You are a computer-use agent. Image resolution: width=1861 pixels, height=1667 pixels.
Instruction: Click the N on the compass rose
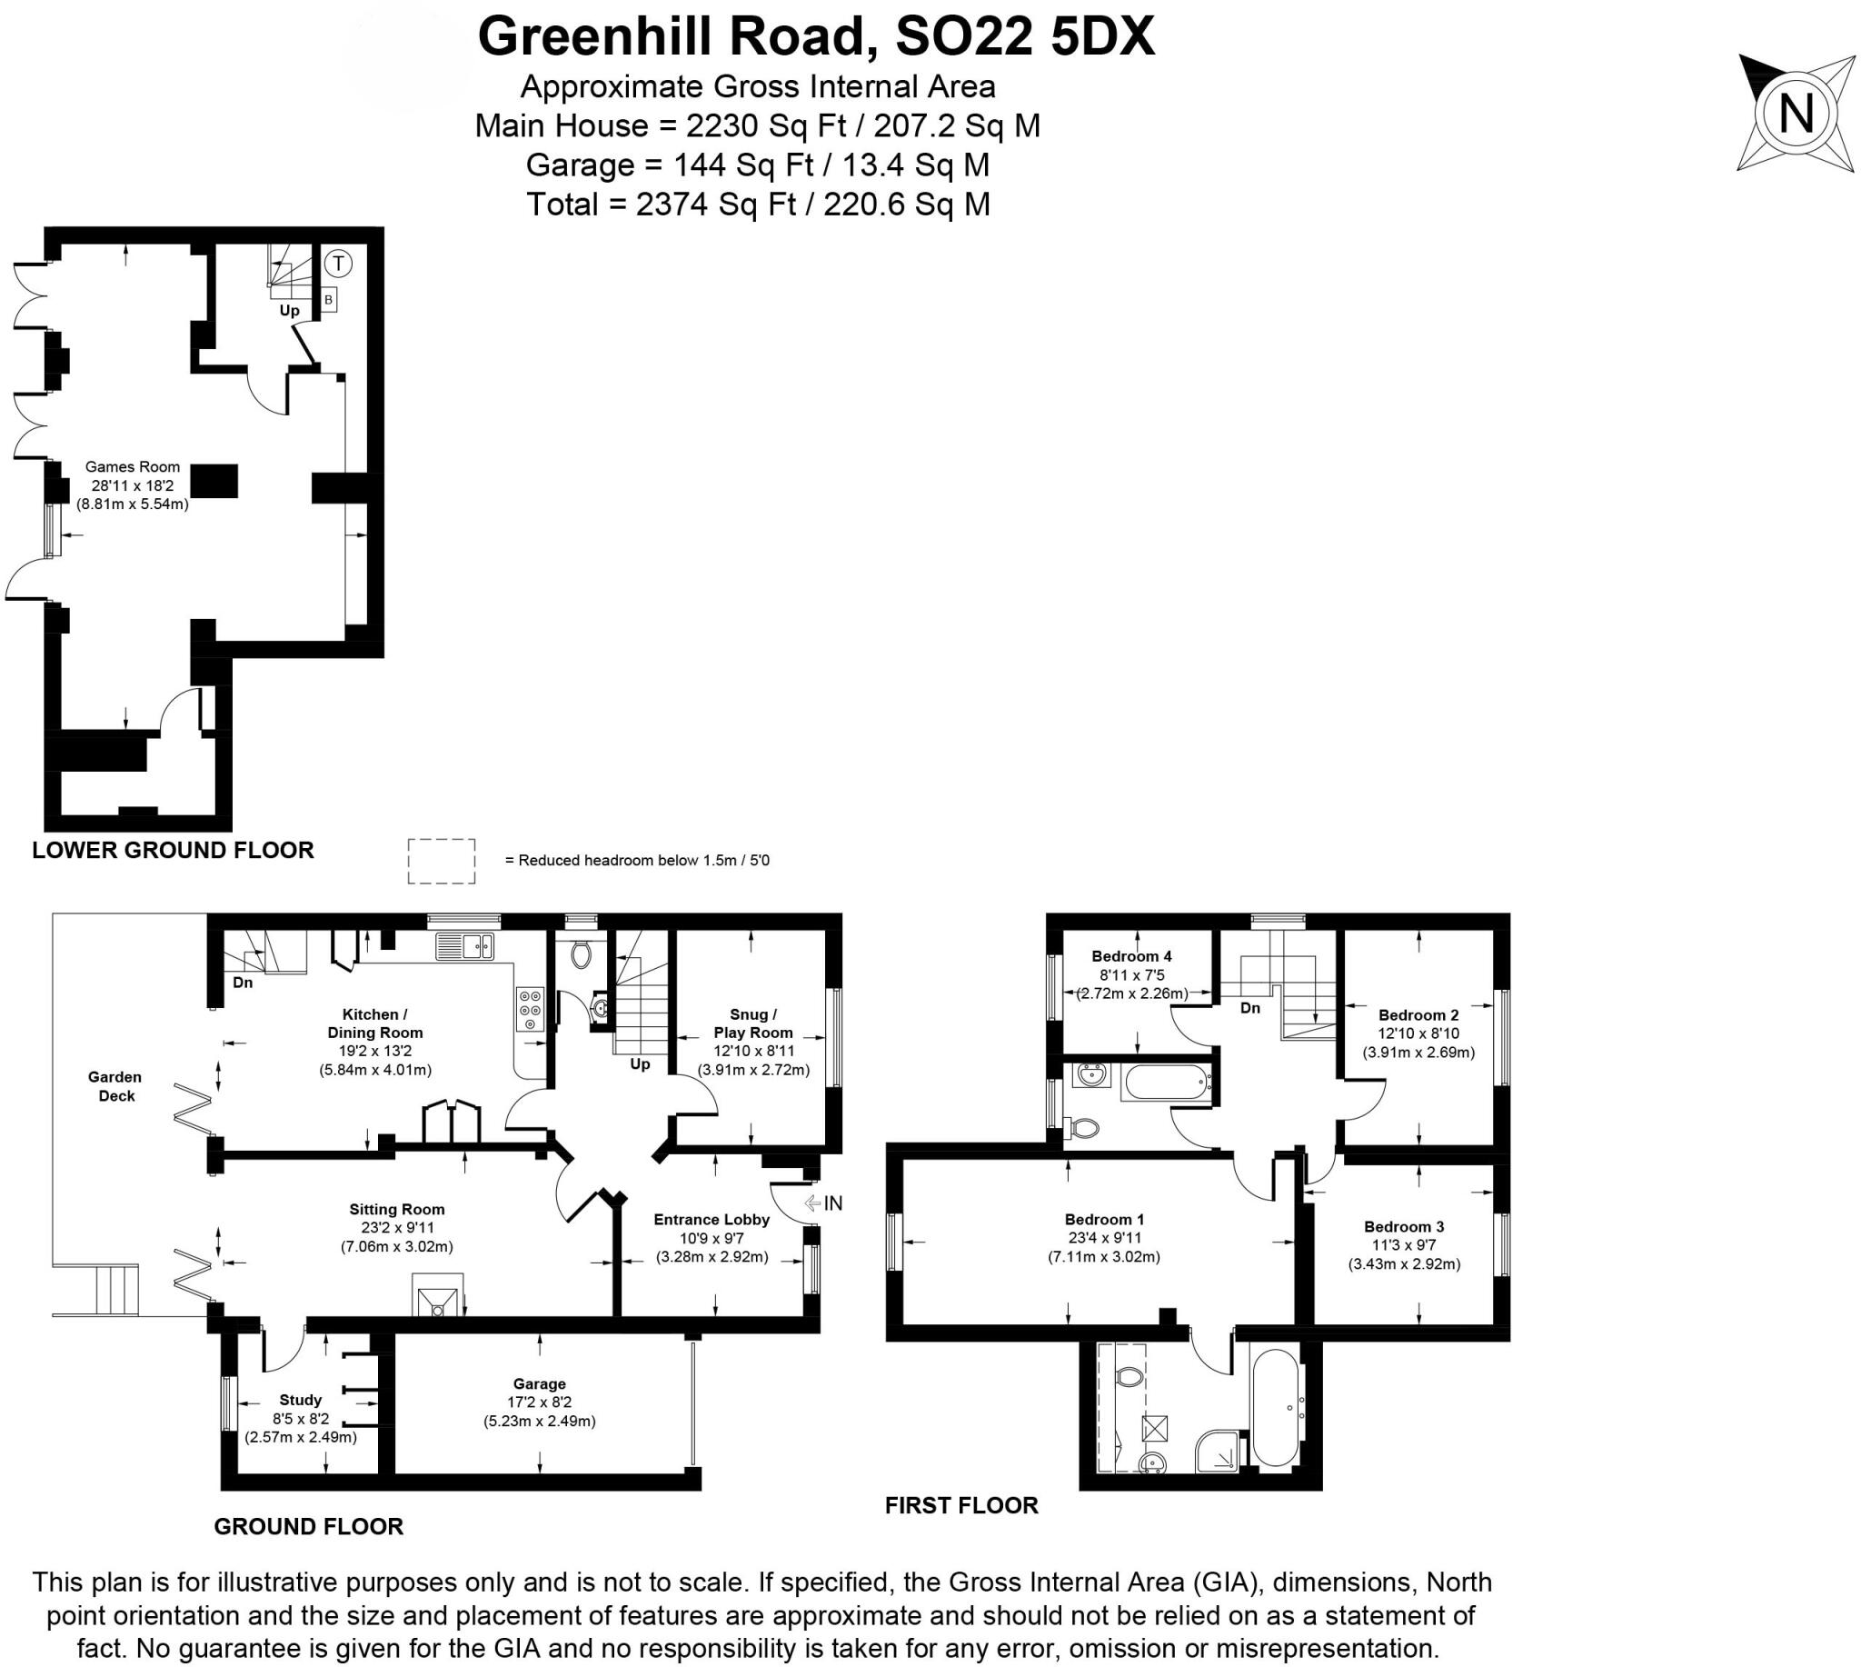pyautogui.click(x=1796, y=115)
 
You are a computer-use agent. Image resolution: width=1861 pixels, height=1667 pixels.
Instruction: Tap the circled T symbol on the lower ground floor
pyautogui.click(x=339, y=265)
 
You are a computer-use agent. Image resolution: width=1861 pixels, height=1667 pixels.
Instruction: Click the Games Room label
pyautogui.click(x=133, y=467)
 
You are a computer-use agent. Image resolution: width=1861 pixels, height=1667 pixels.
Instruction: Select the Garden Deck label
pyautogui.click(x=115, y=1086)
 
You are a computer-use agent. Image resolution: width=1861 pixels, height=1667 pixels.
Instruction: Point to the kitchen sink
pyautogui.click(x=464, y=945)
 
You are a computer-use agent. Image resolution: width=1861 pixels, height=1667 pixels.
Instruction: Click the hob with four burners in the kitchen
pyautogui.click(x=531, y=1009)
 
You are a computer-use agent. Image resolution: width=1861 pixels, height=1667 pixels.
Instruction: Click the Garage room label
pyautogui.click(x=540, y=1384)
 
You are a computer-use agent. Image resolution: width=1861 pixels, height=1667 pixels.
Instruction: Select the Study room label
pyautogui.click(x=301, y=1400)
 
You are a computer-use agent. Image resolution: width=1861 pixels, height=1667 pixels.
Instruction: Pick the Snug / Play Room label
pyautogui.click(x=752, y=1023)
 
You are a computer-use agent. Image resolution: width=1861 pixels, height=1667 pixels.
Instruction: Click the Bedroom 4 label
pyautogui.click(x=1131, y=956)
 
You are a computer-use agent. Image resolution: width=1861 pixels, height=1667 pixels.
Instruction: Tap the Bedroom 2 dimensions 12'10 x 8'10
pyautogui.click(x=1418, y=1033)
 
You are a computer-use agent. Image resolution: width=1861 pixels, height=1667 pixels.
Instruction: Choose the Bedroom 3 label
pyautogui.click(x=1404, y=1226)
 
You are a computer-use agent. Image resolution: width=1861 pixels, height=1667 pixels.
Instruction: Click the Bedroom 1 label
pyautogui.click(x=1104, y=1219)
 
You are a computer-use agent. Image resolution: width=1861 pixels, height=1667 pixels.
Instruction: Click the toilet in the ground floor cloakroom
pyautogui.click(x=581, y=956)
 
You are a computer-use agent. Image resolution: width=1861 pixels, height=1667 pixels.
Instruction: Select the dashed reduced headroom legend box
pyautogui.click(x=442, y=861)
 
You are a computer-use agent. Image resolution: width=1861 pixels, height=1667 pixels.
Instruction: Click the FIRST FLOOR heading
pyautogui.click(x=961, y=1506)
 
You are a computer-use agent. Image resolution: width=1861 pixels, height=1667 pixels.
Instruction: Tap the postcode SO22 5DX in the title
pyautogui.click(x=1025, y=37)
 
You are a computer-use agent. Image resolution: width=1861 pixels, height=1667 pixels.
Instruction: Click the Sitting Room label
pyautogui.click(x=396, y=1209)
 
